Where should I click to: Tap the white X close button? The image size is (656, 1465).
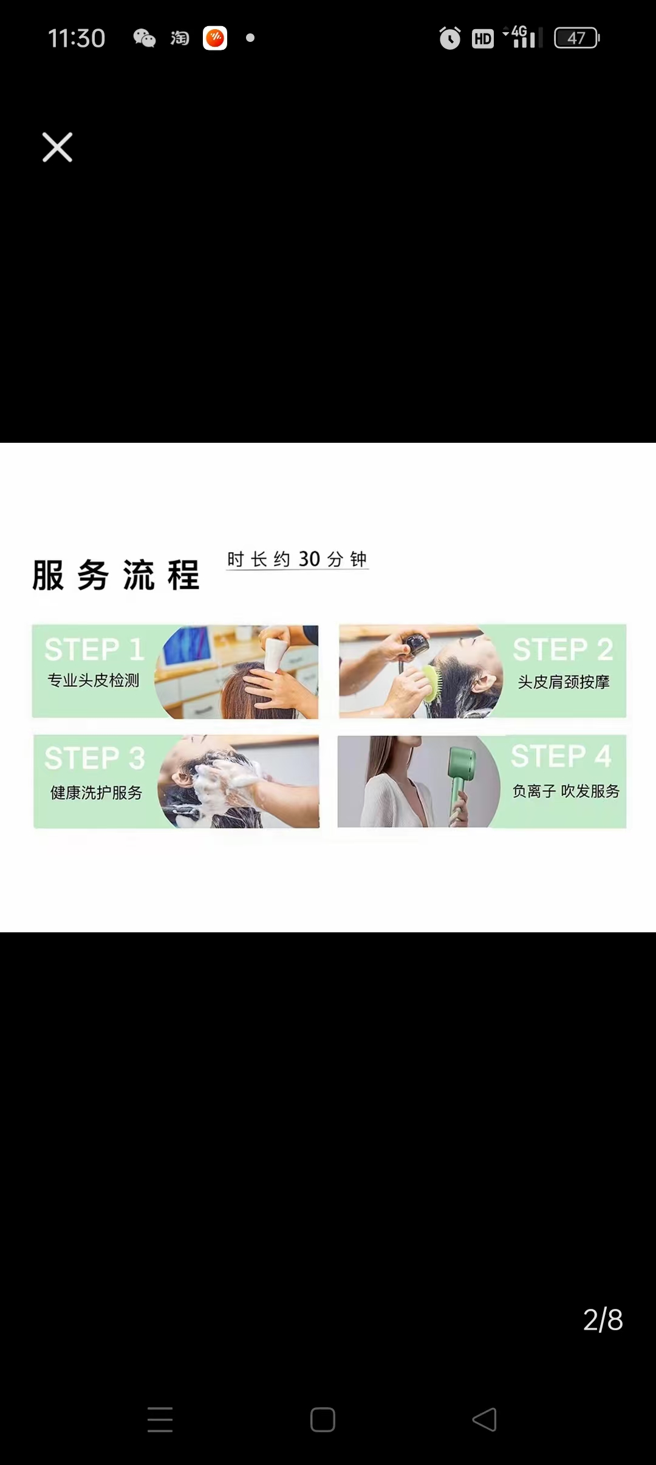(57, 147)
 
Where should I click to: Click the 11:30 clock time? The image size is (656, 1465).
(77, 38)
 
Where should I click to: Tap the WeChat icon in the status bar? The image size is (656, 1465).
(145, 38)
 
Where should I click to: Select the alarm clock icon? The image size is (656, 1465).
(449, 38)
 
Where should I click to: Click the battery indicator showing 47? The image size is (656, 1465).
(577, 38)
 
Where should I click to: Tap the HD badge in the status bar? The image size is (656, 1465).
(483, 39)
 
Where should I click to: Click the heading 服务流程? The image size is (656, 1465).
(116, 575)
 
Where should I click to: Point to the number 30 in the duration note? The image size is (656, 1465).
(309, 559)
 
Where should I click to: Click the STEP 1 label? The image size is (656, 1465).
(94, 649)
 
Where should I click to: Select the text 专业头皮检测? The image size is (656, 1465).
(94, 680)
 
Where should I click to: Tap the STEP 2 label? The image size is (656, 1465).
(563, 649)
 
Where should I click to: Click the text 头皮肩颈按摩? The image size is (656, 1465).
(564, 682)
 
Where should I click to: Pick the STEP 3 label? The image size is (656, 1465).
(95, 758)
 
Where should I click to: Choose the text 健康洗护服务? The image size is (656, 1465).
(96, 793)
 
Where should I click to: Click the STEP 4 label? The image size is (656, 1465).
(561, 756)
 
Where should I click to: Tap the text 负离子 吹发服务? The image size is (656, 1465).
(566, 791)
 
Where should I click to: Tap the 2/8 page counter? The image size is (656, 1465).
(603, 1320)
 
